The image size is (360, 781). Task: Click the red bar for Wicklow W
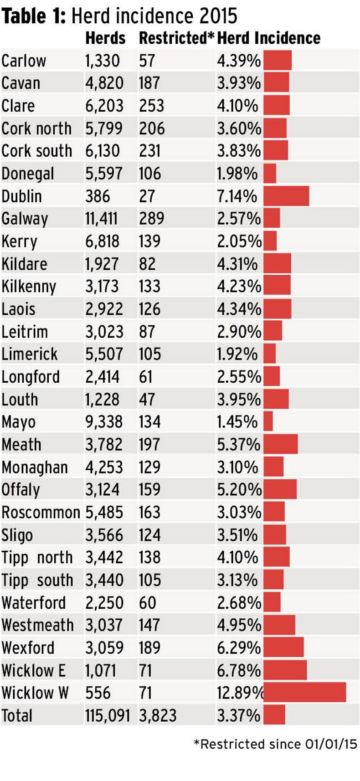click(x=304, y=692)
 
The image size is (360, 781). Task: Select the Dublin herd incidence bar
click(x=286, y=196)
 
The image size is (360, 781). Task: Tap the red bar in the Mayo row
click(x=268, y=421)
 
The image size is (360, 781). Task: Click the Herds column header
click(x=105, y=38)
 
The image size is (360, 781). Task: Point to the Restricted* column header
click(x=176, y=38)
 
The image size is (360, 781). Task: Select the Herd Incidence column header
click(x=269, y=38)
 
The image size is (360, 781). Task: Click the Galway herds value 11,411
click(x=102, y=219)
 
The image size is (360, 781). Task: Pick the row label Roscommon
click(x=41, y=512)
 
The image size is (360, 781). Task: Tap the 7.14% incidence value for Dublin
click(x=237, y=196)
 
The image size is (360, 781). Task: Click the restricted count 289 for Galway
click(x=151, y=219)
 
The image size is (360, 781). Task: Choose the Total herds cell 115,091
click(x=108, y=715)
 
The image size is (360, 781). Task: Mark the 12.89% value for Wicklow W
click(x=240, y=693)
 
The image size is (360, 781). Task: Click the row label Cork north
click(x=36, y=128)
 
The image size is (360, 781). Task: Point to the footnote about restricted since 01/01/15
click(x=276, y=744)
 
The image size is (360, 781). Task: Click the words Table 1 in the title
click(x=34, y=16)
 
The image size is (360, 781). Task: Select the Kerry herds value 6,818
click(x=103, y=241)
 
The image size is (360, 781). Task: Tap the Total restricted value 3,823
click(x=158, y=715)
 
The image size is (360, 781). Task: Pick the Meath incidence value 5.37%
click(x=238, y=444)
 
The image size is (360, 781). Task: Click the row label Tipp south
click(x=37, y=580)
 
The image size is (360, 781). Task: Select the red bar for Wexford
click(x=283, y=647)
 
